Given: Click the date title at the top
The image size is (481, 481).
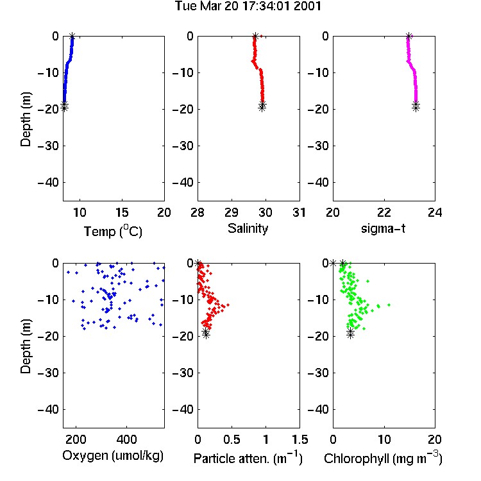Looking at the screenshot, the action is pyautogui.click(x=248, y=6).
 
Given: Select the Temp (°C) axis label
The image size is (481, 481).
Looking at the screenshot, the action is pyautogui.click(x=113, y=231).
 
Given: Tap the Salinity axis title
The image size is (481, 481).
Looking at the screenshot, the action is pyautogui.click(x=248, y=228).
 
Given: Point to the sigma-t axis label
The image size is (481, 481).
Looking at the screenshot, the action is pyautogui.click(x=383, y=228).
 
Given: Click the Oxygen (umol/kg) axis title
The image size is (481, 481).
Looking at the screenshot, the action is pyautogui.click(x=113, y=456).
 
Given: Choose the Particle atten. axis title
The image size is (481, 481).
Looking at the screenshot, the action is pyautogui.click(x=248, y=458).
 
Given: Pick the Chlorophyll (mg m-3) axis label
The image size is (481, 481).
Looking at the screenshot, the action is pyautogui.click(x=383, y=458).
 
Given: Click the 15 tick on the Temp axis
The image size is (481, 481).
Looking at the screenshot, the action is pyautogui.click(x=122, y=212).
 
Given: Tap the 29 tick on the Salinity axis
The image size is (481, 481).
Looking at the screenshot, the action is pyautogui.click(x=232, y=212).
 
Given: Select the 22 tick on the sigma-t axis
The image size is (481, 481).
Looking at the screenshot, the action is pyautogui.click(x=384, y=212).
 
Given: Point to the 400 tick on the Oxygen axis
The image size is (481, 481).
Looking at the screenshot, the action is pyautogui.click(x=126, y=439).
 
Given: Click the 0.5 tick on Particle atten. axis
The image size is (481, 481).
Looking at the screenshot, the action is pyautogui.click(x=232, y=439).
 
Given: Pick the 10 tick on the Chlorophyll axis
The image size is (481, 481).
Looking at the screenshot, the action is pyautogui.click(x=384, y=439).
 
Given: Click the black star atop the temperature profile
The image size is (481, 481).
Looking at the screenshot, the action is pyautogui.click(x=72, y=36).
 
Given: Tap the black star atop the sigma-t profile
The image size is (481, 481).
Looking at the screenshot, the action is pyautogui.click(x=409, y=36).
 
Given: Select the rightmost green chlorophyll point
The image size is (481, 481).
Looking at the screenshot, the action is pyautogui.click(x=389, y=305).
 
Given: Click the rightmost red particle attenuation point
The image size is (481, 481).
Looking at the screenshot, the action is pyautogui.click(x=228, y=305).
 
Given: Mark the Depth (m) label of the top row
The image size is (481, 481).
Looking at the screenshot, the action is pyautogui.click(x=26, y=119).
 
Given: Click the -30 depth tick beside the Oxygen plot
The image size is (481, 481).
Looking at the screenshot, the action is pyautogui.click(x=48, y=373).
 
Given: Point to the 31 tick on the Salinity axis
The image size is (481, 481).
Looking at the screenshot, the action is pyautogui.click(x=299, y=212).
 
